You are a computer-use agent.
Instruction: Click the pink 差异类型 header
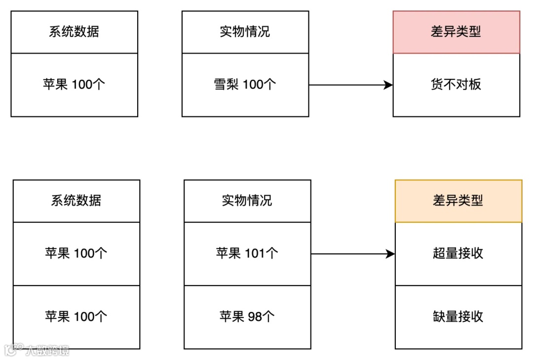point(456,32)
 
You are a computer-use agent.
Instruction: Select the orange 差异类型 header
point(458,200)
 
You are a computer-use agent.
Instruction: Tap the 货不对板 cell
point(456,84)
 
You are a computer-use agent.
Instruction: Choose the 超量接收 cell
point(458,253)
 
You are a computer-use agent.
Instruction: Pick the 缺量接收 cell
point(458,317)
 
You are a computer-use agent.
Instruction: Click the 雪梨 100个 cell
point(245,84)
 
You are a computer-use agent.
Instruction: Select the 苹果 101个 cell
point(247,253)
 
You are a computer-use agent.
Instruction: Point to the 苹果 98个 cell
point(247,317)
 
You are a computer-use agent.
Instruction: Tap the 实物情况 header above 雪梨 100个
point(245,32)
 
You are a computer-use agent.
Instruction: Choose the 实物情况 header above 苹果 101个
point(247,200)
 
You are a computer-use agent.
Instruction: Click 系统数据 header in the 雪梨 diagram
point(74,32)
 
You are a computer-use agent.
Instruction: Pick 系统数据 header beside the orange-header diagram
point(76,200)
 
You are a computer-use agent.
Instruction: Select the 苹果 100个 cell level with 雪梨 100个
point(74,84)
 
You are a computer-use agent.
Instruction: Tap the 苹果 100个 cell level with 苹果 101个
point(76,253)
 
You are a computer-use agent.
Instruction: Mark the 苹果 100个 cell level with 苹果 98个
point(76,317)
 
